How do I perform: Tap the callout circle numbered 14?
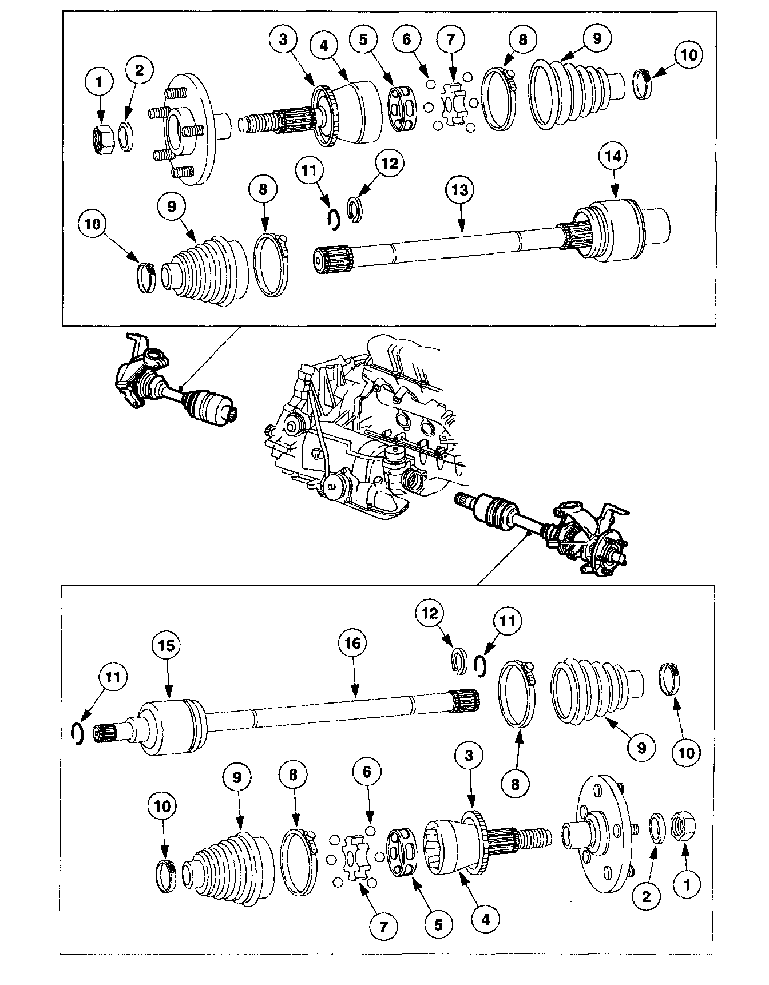pos(613,157)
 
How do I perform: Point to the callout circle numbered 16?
pos(352,644)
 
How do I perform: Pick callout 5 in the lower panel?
pos(438,924)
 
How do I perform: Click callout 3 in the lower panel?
pos(469,756)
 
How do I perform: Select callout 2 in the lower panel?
pos(646,897)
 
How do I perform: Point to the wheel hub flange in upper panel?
pos(189,127)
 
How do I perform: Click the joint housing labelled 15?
pos(169,726)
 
